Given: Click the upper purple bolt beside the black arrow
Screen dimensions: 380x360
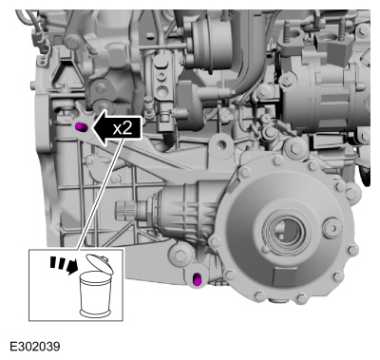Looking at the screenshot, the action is pos(81,127).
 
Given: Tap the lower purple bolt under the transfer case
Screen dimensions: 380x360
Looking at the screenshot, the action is pos(198,279).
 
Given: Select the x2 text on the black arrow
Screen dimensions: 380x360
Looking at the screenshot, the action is pos(123,128).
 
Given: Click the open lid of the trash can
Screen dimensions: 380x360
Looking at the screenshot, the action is pos(101,264).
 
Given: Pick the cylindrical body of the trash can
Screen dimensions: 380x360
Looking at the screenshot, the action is pos(95,294).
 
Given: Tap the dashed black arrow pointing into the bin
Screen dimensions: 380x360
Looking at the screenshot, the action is pos(65,264).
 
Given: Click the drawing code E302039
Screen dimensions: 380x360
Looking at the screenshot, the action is pos(35,347).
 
